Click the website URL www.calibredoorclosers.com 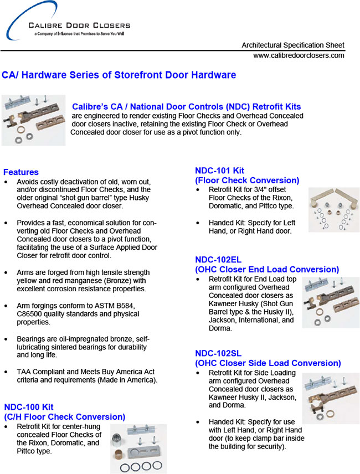299,55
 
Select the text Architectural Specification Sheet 293,45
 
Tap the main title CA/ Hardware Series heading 119,75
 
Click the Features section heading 21,172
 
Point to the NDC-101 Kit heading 219,171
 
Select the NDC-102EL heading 218,260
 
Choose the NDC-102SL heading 218,353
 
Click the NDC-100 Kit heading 28,406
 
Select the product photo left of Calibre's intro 33,120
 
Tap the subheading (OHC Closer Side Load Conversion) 268,363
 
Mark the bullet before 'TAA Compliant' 6,371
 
